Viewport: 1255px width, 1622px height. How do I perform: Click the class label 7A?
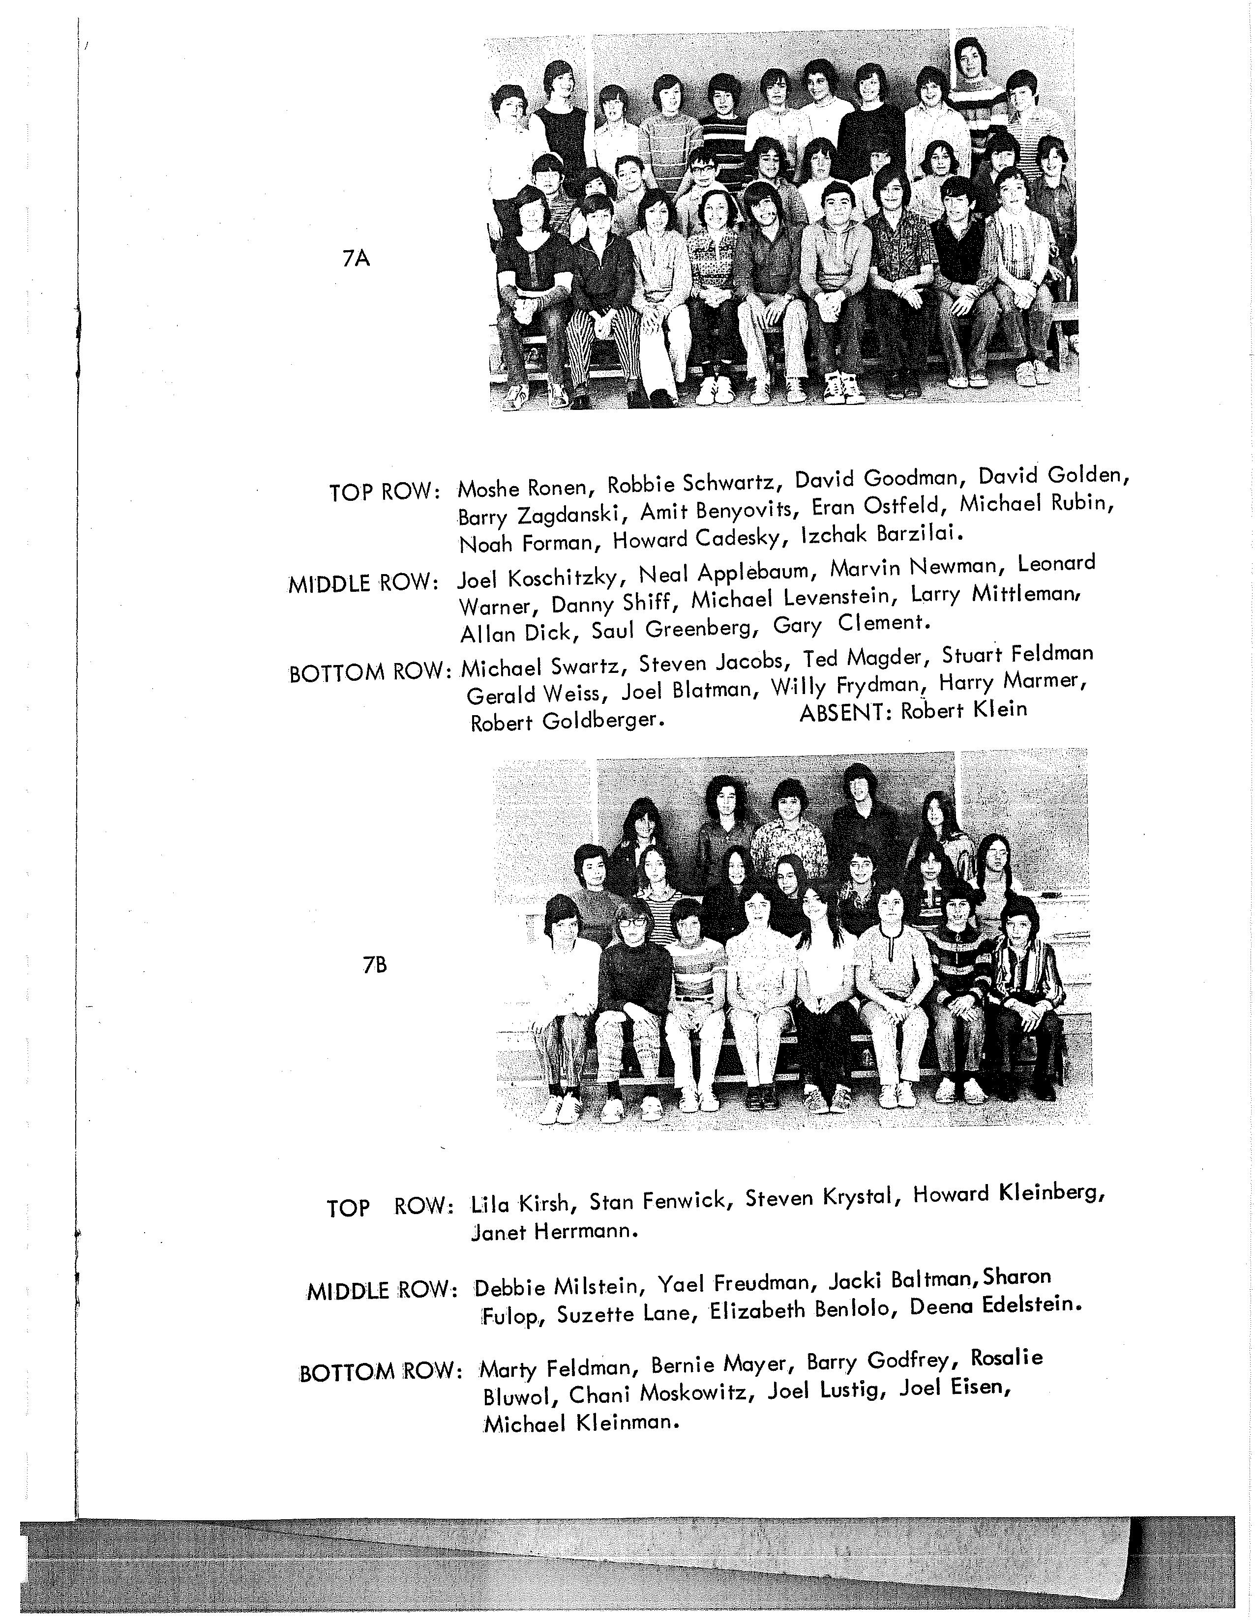pyautogui.click(x=357, y=259)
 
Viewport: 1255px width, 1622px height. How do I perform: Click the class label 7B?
pyautogui.click(x=375, y=965)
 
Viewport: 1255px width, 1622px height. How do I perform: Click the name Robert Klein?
pyautogui.click(x=964, y=710)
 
